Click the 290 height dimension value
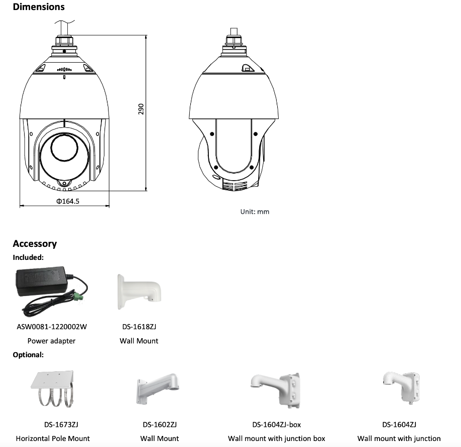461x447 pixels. tap(141, 109)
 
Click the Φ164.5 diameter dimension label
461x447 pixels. tap(68, 201)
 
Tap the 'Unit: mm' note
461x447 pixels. tap(255, 212)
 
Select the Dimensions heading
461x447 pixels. tap(39, 7)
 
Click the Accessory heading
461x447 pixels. tap(35, 244)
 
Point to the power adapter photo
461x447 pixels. tap(51, 291)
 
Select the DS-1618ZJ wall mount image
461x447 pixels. tap(139, 291)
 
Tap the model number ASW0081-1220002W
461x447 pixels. tap(52, 327)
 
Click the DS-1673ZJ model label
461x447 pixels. tap(61, 425)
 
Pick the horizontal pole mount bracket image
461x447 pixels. tap(52, 389)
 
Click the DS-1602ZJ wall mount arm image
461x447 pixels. tap(157, 389)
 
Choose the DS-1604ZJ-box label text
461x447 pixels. tap(276, 425)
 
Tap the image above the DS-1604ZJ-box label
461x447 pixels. tap(276, 390)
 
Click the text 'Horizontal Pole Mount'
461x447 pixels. tap(53, 438)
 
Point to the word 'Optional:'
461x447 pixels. tap(28, 355)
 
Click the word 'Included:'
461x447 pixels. tap(28, 257)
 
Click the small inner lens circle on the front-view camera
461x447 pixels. tap(64, 146)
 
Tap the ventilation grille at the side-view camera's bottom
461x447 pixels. tap(235, 186)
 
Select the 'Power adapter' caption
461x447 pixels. tap(51, 341)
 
